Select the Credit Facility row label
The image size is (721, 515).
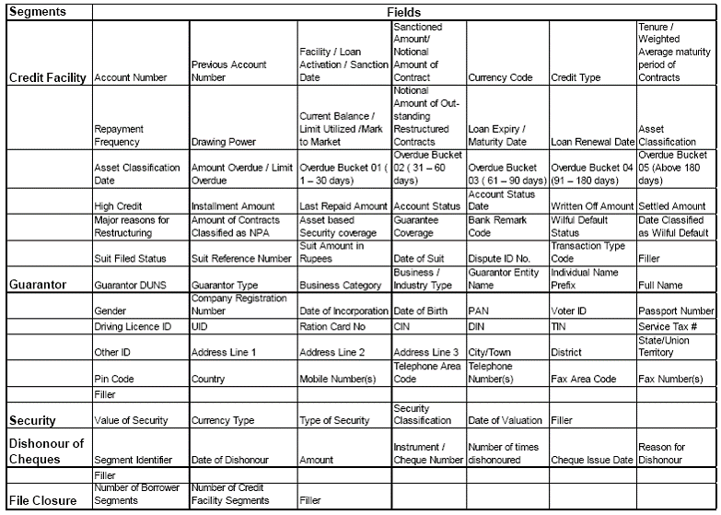pyautogui.click(x=47, y=78)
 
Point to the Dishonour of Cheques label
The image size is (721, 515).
pyautogui.click(x=44, y=451)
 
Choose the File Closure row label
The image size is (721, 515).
pyautogui.click(x=42, y=501)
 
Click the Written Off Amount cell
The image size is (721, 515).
pyautogui.click(x=592, y=206)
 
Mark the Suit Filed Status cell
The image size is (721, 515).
pyautogui.click(x=130, y=259)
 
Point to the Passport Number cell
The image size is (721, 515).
pyautogui.click(x=675, y=311)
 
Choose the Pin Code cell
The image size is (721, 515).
pyautogui.click(x=114, y=379)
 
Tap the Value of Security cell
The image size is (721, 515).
pyautogui.click(x=131, y=420)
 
